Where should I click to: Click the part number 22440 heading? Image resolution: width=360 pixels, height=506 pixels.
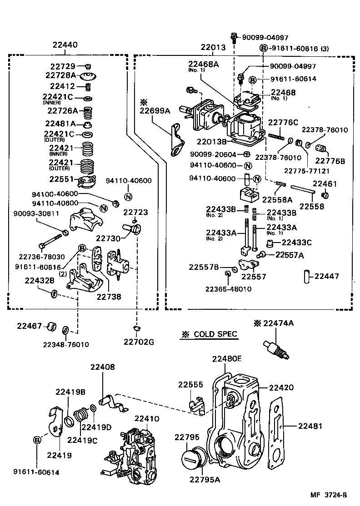[65, 45]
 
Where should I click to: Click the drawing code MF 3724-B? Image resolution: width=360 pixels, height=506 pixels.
[330, 495]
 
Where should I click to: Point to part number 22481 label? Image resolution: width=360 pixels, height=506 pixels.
[310, 427]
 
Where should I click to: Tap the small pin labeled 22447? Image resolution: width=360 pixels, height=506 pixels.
[306, 276]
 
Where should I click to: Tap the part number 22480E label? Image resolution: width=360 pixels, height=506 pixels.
[226, 359]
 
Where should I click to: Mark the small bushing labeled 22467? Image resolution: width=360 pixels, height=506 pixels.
[51, 326]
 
